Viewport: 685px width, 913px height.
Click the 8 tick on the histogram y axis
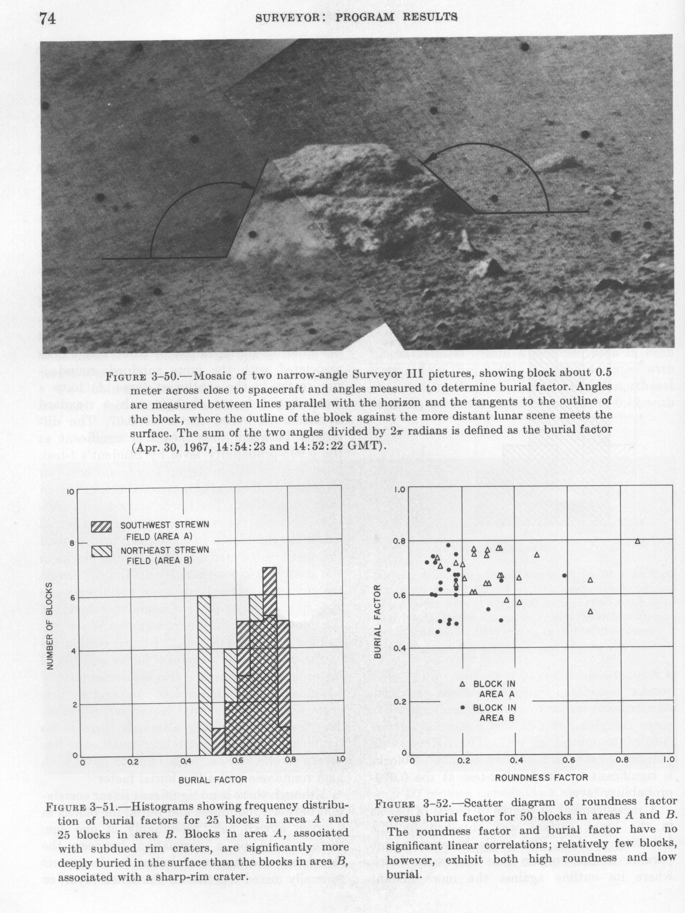[x=72, y=544]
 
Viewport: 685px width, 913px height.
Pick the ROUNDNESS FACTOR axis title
[x=541, y=777]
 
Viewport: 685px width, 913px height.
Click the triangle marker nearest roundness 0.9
[x=637, y=541]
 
